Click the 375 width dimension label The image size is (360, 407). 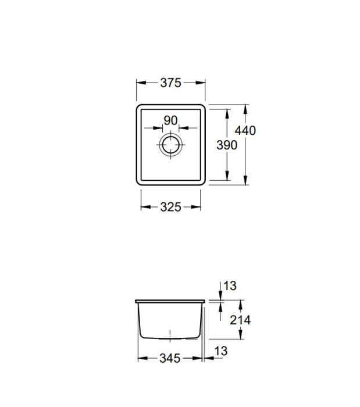pos(170,83)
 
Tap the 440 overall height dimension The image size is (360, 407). pos(245,130)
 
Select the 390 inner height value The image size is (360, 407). pos(227,145)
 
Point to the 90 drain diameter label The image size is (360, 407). pos(171,120)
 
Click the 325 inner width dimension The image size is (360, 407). pos(170,207)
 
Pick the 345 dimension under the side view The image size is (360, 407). pos(170,359)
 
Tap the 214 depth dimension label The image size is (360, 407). pos(240,320)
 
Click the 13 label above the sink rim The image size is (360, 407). pos(230,286)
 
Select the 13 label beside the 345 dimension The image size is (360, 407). pos(221,351)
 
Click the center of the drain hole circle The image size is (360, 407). pos(171,145)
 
